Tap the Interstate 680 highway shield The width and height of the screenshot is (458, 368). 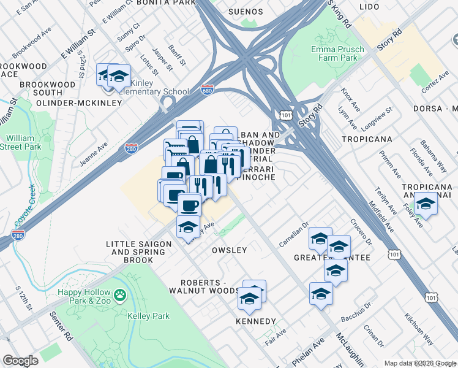point(208,90)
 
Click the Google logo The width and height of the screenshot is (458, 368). point(20,361)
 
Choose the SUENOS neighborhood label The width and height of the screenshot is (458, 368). point(245,12)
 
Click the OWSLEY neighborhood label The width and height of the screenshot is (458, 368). point(229,250)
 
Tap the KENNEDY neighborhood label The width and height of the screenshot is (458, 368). point(255,321)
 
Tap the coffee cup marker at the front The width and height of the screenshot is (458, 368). point(189,205)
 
